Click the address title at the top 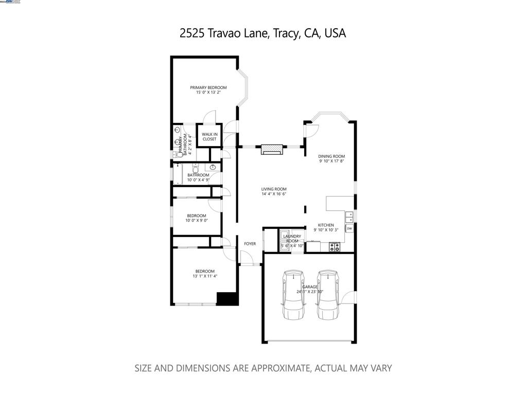tap(263, 33)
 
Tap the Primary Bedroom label tap(208, 87)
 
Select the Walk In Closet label tap(209, 136)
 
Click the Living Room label tap(273, 189)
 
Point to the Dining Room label tap(331, 156)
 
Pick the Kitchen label tap(326, 225)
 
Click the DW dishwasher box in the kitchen tap(349, 228)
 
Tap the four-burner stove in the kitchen tap(335, 247)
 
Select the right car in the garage tap(327, 295)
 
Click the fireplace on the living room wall tap(271, 150)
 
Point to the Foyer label tap(250, 244)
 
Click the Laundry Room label tap(292, 238)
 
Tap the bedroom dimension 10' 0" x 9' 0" tap(197, 221)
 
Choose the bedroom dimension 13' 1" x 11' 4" tap(204, 276)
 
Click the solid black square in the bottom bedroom tap(226, 299)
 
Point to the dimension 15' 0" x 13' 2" tap(208, 93)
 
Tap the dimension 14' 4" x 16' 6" tap(273, 194)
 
